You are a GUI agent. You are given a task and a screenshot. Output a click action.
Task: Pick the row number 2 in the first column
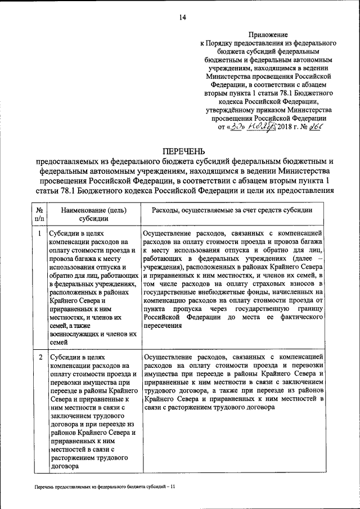tap(39, 357)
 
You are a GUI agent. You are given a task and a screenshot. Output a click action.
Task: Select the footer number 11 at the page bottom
tap(173, 487)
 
